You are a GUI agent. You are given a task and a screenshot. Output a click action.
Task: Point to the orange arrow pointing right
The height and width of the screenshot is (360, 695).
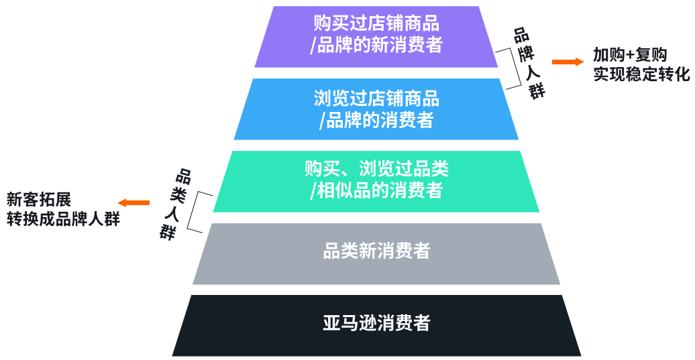[x=568, y=62]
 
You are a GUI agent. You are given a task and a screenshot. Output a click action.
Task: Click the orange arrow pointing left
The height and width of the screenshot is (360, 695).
[x=133, y=202]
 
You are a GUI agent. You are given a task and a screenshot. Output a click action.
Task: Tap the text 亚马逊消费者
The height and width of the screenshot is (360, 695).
[x=376, y=323]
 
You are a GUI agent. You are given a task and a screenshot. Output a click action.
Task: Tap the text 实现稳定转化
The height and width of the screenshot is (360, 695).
[x=641, y=74]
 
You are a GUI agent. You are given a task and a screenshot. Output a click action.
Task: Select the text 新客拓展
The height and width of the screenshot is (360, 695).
[x=38, y=199]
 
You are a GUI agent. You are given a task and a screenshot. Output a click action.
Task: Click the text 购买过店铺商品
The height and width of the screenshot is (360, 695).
[x=376, y=24]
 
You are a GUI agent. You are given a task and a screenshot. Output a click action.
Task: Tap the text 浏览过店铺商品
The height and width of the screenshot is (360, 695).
[x=376, y=99]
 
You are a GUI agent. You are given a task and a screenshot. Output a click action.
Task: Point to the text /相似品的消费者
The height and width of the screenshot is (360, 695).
[x=376, y=190]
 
